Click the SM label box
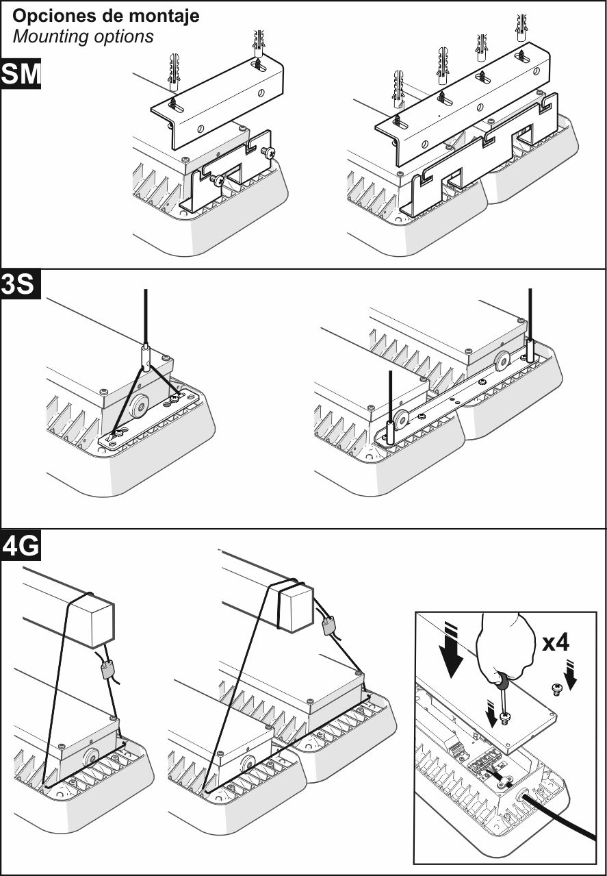click(21, 73)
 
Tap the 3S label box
click(21, 284)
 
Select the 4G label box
click(21, 546)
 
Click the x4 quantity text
click(556, 643)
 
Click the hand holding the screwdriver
click(505, 648)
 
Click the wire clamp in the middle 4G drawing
click(328, 625)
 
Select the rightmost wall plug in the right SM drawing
click(521, 28)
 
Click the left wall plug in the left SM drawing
click(174, 73)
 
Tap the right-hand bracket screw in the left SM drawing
click(268, 153)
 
